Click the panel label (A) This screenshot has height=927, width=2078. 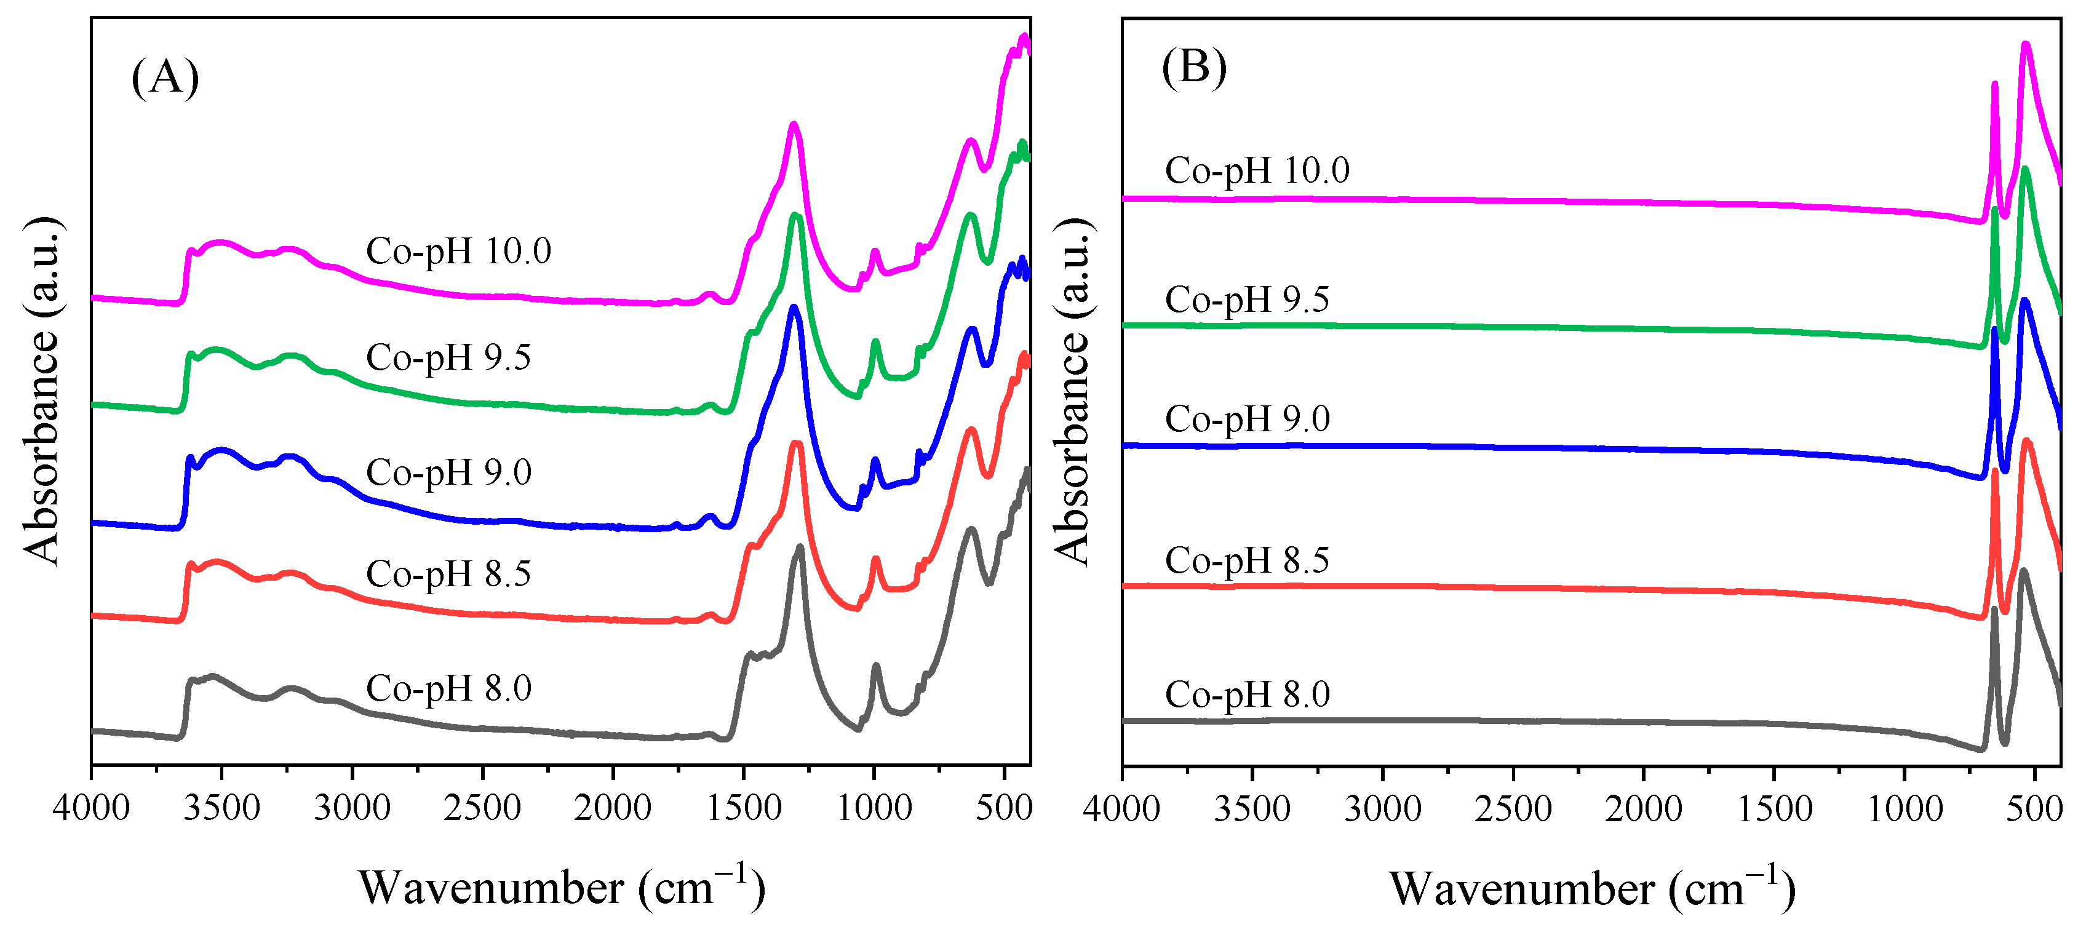[165, 78]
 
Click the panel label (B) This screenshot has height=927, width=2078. [1194, 67]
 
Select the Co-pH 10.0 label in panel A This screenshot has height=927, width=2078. [458, 251]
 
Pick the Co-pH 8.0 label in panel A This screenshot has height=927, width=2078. [448, 688]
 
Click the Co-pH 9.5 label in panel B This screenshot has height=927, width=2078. [1246, 300]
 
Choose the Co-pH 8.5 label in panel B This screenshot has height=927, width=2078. [1246, 560]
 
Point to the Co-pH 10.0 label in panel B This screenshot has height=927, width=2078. [1257, 170]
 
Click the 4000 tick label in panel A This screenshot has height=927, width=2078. [91, 808]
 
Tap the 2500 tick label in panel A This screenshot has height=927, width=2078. [482, 808]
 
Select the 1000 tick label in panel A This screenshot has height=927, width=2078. [874, 808]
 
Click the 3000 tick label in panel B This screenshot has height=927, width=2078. [1383, 808]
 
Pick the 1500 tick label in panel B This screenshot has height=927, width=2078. [1774, 808]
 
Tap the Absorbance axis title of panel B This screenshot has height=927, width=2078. [1072, 391]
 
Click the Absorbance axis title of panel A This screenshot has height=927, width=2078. [41, 391]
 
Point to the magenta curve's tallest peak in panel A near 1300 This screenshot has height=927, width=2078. [794, 124]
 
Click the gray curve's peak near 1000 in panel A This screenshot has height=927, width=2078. [876, 666]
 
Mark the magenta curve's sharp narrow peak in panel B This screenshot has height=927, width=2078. [1994, 84]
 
